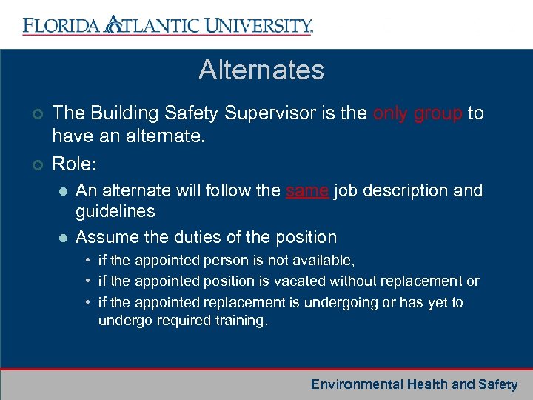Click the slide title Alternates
261,70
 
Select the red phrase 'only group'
418,113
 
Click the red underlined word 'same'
306,190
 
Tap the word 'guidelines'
115,212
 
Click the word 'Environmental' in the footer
356,384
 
